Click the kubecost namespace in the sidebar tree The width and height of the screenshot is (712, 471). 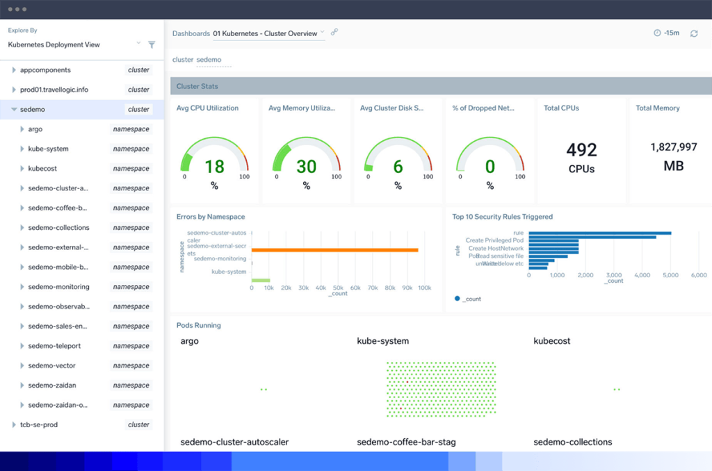pos(42,169)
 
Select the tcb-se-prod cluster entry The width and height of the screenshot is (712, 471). pos(39,424)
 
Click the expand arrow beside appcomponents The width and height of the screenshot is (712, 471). pos(14,70)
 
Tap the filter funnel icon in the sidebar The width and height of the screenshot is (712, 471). pos(152,44)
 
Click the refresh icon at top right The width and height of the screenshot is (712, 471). pos(694,33)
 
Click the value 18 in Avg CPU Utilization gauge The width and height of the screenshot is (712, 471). pos(214,167)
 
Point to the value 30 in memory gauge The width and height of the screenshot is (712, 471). pos(306,167)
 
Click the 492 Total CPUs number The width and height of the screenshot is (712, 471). pos(581,150)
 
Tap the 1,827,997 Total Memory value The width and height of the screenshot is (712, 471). pos(673,147)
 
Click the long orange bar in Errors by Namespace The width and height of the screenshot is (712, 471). pos(334,250)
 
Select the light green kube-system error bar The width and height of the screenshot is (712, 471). pos(260,280)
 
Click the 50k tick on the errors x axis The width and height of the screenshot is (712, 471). pos(338,288)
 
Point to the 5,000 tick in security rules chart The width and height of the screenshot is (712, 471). pos(670,275)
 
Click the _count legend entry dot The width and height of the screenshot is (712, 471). pos(457,299)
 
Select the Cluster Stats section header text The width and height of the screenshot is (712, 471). pos(197,86)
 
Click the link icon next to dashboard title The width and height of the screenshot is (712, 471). pos(334,32)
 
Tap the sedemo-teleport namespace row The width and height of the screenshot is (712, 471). pos(54,346)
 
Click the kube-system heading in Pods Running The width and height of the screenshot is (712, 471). pos(382,341)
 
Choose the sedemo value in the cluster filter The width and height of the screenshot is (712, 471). pos(209,60)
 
